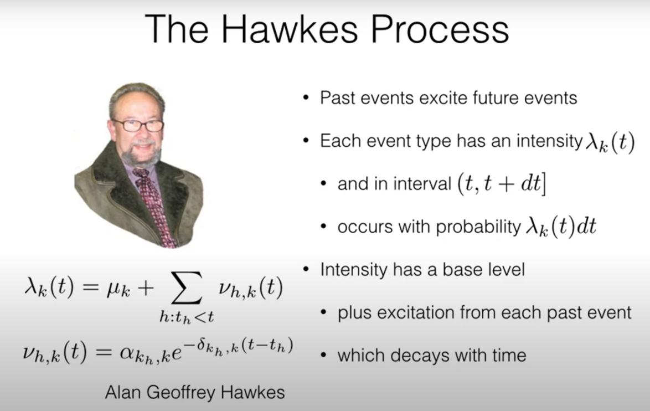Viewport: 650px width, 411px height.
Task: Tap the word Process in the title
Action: pyautogui.click(x=440, y=29)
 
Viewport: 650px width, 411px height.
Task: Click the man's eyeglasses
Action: pyautogui.click(x=138, y=125)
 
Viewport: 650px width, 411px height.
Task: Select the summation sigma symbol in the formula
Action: pyautogui.click(x=187, y=288)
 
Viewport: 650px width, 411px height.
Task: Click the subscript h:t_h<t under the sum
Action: pyautogui.click(x=187, y=317)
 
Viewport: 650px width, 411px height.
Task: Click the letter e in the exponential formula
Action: pyautogui.click(x=176, y=353)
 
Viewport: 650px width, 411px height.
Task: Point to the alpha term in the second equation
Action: pyautogui.click(x=145, y=354)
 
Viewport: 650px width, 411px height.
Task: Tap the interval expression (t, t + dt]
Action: pyautogui.click(x=502, y=183)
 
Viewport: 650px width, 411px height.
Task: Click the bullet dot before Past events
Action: pyautogui.click(x=306, y=98)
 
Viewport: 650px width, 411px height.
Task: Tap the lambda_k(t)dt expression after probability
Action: pyautogui.click(x=561, y=227)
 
